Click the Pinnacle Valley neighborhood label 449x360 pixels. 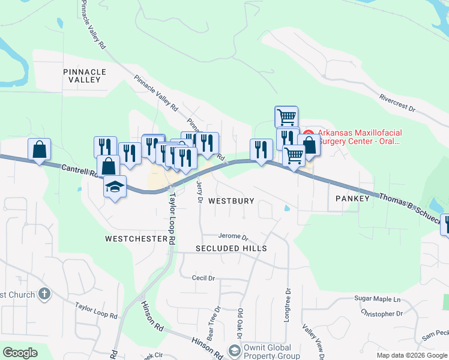tap(85, 76)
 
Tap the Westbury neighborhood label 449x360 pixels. tap(232, 201)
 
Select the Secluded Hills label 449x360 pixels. tap(231, 248)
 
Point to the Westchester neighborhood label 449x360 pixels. tap(136, 239)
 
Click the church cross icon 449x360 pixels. tap(43, 294)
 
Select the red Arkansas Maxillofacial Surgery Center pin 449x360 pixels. tap(309, 133)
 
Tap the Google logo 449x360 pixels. tap(20, 353)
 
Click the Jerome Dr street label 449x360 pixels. tap(233, 236)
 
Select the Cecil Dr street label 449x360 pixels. tap(203, 278)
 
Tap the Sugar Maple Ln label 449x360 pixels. tap(377, 299)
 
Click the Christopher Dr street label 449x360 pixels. tap(382, 313)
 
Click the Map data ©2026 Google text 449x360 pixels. tap(412, 355)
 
